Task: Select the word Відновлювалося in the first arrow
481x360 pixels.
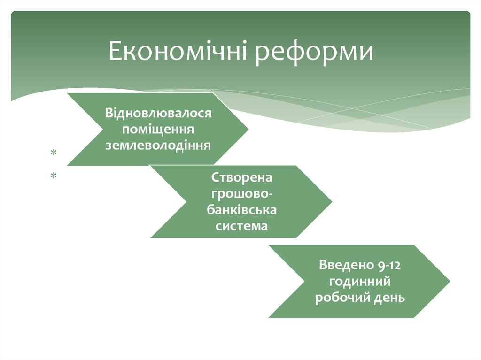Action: (159, 114)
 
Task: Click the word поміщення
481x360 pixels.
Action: (158, 129)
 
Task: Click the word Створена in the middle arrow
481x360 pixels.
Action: (241, 178)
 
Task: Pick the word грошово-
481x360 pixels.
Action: (241, 194)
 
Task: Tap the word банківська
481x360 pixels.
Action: (241, 210)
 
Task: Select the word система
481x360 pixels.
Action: (241, 226)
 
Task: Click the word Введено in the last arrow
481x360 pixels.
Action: (345, 265)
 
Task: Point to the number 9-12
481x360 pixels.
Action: (388, 265)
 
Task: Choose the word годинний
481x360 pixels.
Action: (360, 282)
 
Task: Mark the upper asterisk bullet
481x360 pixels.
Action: (54, 153)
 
